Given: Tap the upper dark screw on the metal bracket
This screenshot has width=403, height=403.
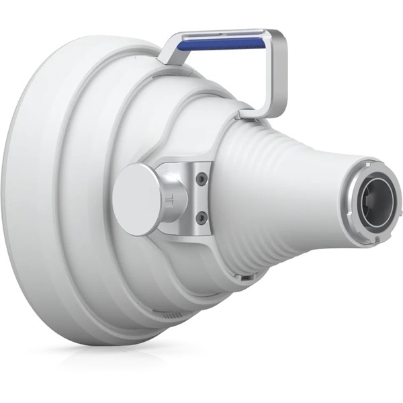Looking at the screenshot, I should tap(199, 179).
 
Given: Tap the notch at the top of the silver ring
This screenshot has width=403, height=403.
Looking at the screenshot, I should tap(368, 162).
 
